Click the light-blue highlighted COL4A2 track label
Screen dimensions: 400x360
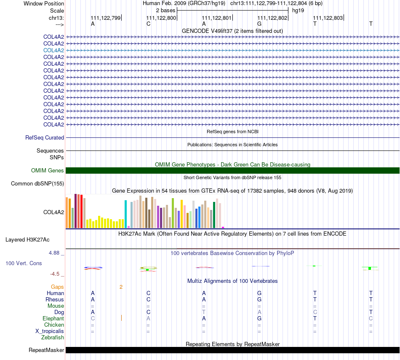point(53,50)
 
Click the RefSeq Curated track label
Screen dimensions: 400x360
point(45,137)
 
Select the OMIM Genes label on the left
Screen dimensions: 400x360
point(48,171)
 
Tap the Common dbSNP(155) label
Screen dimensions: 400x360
point(37,183)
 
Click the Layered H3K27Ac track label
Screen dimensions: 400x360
point(27,240)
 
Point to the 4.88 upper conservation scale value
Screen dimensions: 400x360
point(54,253)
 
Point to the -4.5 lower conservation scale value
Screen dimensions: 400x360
point(55,274)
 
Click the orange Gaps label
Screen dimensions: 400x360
point(57,287)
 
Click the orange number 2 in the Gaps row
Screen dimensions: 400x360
point(121,287)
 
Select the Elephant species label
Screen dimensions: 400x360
point(53,319)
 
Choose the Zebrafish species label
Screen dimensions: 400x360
point(53,338)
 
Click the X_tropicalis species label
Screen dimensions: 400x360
point(50,331)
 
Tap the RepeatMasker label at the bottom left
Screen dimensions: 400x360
point(46,350)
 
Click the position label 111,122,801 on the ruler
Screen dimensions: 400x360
point(216,18)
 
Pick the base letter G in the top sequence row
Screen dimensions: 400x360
point(259,24)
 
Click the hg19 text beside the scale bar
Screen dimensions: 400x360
point(298,11)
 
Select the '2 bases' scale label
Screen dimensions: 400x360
point(166,11)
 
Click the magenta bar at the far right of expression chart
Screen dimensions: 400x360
point(223,227)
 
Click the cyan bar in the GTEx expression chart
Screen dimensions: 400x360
point(125,214)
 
